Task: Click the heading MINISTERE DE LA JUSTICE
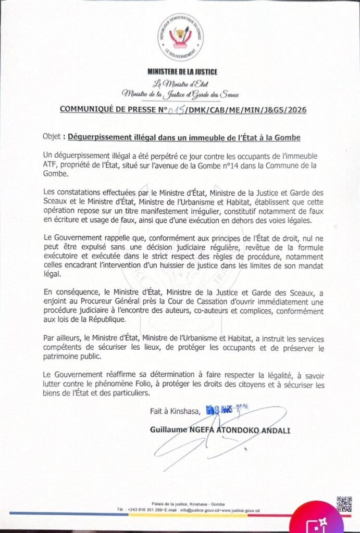182,72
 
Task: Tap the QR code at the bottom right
344,504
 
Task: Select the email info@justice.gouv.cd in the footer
204,510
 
